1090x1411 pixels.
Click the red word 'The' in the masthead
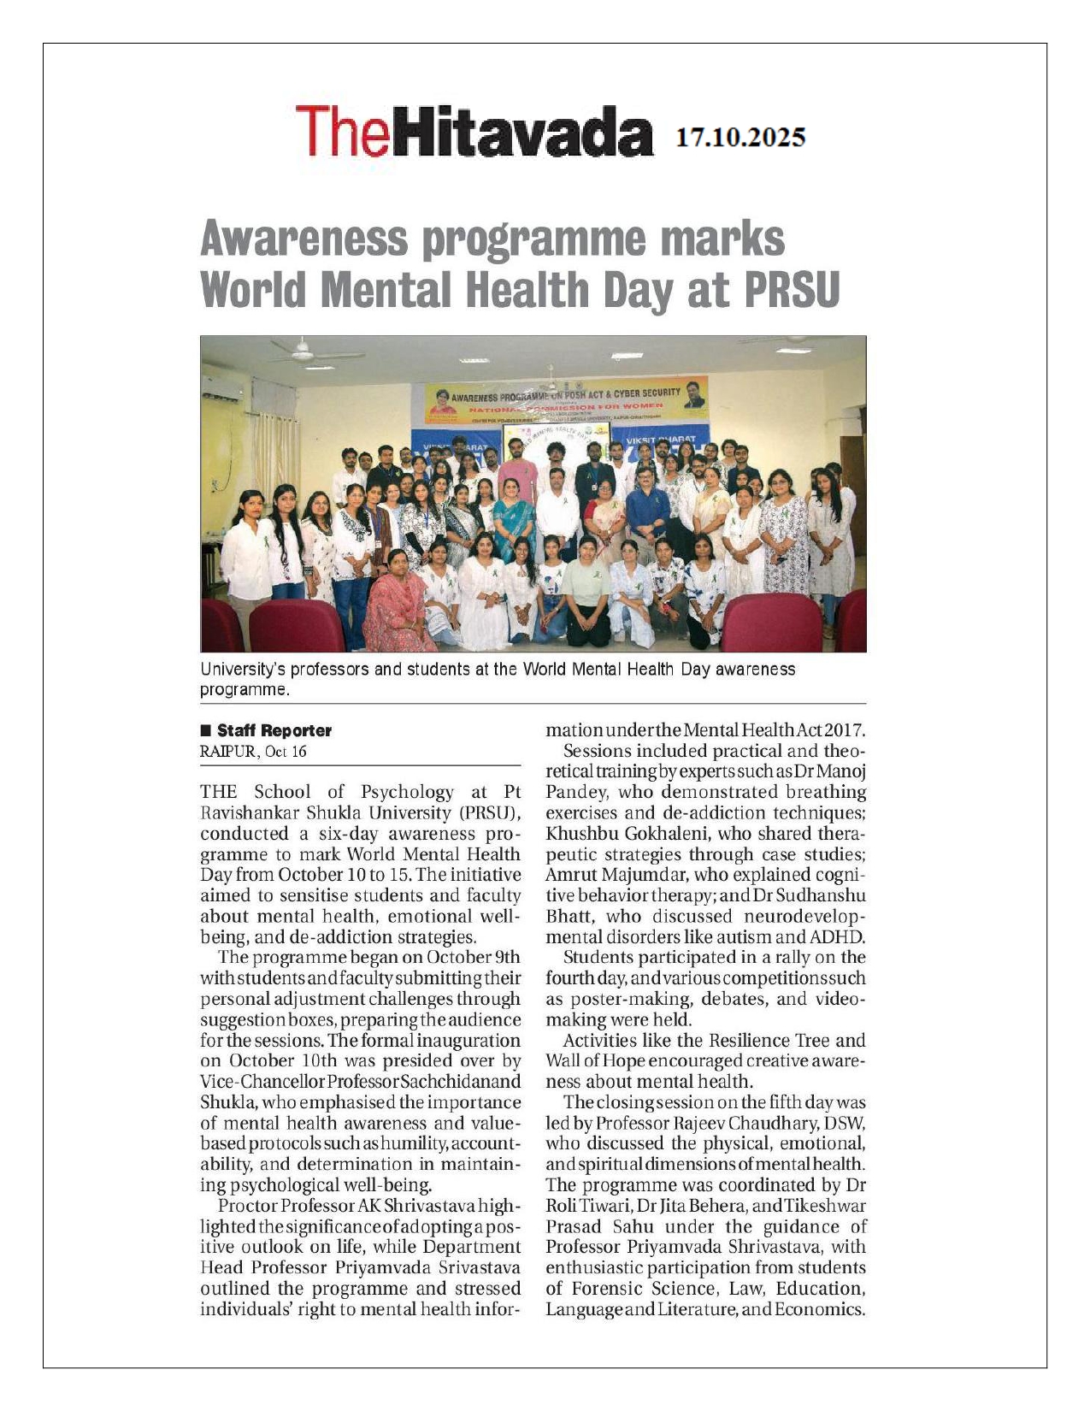(346, 132)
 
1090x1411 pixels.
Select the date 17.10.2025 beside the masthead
(740, 138)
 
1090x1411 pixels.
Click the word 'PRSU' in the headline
(792, 290)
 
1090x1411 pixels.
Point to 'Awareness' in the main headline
(303, 239)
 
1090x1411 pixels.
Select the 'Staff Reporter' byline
(274, 730)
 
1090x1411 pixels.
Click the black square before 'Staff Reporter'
(205, 730)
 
